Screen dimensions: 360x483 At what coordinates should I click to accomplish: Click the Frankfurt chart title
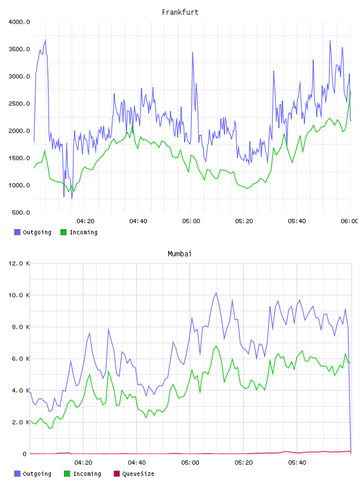click(x=180, y=12)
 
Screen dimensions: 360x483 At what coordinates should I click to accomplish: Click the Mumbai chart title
click(x=179, y=253)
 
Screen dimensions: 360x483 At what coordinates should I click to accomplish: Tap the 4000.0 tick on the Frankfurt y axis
click(x=19, y=22)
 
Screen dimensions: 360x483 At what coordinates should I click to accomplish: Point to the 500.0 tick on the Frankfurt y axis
click(x=21, y=212)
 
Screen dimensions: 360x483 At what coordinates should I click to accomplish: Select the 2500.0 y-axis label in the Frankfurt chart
click(x=19, y=104)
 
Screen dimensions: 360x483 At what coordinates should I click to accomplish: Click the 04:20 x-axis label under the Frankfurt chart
click(x=85, y=221)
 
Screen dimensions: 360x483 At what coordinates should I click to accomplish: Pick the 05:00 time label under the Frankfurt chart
click(x=191, y=221)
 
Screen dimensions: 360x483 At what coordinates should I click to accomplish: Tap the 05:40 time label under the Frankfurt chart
click(x=297, y=221)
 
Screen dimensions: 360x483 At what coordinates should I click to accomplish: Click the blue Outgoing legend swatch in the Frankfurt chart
click(x=17, y=232)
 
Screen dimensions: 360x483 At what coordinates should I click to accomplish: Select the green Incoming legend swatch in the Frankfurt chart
click(x=63, y=232)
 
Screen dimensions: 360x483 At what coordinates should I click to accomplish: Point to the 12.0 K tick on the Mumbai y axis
click(x=19, y=263)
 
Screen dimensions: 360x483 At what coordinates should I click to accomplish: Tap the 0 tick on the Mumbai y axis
click(x=25, y=454)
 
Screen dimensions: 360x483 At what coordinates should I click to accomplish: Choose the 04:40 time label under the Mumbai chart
click(x=137, y=462)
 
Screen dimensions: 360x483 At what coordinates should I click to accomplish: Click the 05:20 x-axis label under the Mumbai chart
click(x=243, y=462)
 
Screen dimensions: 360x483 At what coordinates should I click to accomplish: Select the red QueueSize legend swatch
click(x=117, y=474)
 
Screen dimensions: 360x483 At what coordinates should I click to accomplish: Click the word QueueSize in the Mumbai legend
click(x=138, y=474)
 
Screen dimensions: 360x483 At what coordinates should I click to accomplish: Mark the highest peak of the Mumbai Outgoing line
click(x=216, y=293)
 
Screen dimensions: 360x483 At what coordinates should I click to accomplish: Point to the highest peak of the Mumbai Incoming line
click(x=216, y=346)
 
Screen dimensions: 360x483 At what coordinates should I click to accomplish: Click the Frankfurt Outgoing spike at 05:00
click(x=192, y=52)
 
